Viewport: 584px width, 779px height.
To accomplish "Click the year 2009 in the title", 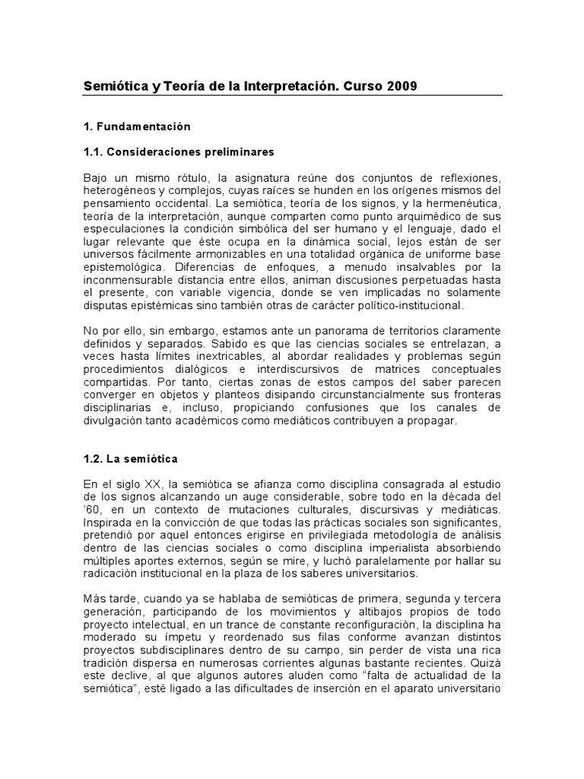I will click(x=401, y=86).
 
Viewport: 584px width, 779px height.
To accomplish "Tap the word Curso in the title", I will click(x=362, y=86).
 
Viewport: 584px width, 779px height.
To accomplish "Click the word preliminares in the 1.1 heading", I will click(x=239, y=151).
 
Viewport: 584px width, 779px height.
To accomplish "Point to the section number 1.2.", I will click(x=92, y=459).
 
